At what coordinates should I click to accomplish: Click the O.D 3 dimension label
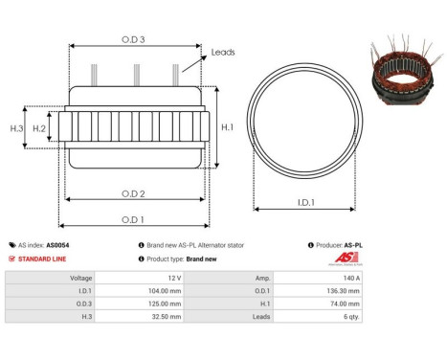tap(133, 38)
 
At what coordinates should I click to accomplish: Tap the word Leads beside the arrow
tap(222, 53)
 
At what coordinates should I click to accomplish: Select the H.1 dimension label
tap(227, 127)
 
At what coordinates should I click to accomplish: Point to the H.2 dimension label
tap(39, 127)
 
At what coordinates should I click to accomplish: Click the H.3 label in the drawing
tap(16, 127)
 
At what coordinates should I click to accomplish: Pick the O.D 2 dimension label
tap(133, 194)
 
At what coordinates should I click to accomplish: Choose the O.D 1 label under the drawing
tap(133, 219)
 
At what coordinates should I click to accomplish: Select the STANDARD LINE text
tap(45, 259)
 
